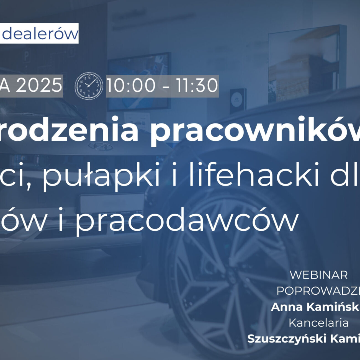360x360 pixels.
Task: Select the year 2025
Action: point(39,86)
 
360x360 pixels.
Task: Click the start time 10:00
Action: point(131,86)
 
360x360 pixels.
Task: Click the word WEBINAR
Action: point(318,275)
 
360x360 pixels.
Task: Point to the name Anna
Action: point(285,307)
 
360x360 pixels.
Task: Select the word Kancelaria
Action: point(318,323)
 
